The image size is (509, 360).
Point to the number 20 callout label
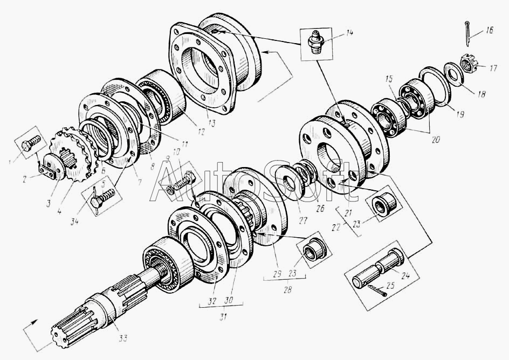click(x=435, y=139)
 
